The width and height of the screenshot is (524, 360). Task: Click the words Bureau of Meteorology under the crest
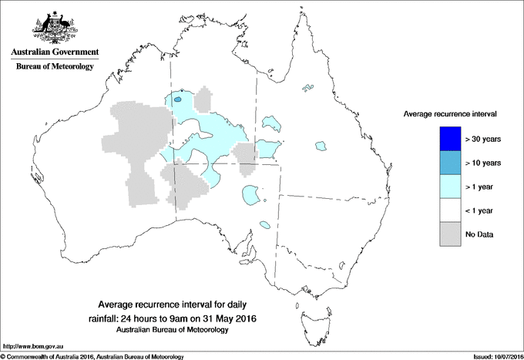tap(54, 67)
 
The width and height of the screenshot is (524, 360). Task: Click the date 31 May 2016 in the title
tap(228, 318)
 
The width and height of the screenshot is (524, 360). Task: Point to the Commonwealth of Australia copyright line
tap(92, 355)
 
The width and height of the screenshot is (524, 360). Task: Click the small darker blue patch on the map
tap(178, 99)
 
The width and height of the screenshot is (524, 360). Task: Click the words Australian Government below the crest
tap(54, 53)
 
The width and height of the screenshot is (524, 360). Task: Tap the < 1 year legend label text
tap(484, 210)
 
